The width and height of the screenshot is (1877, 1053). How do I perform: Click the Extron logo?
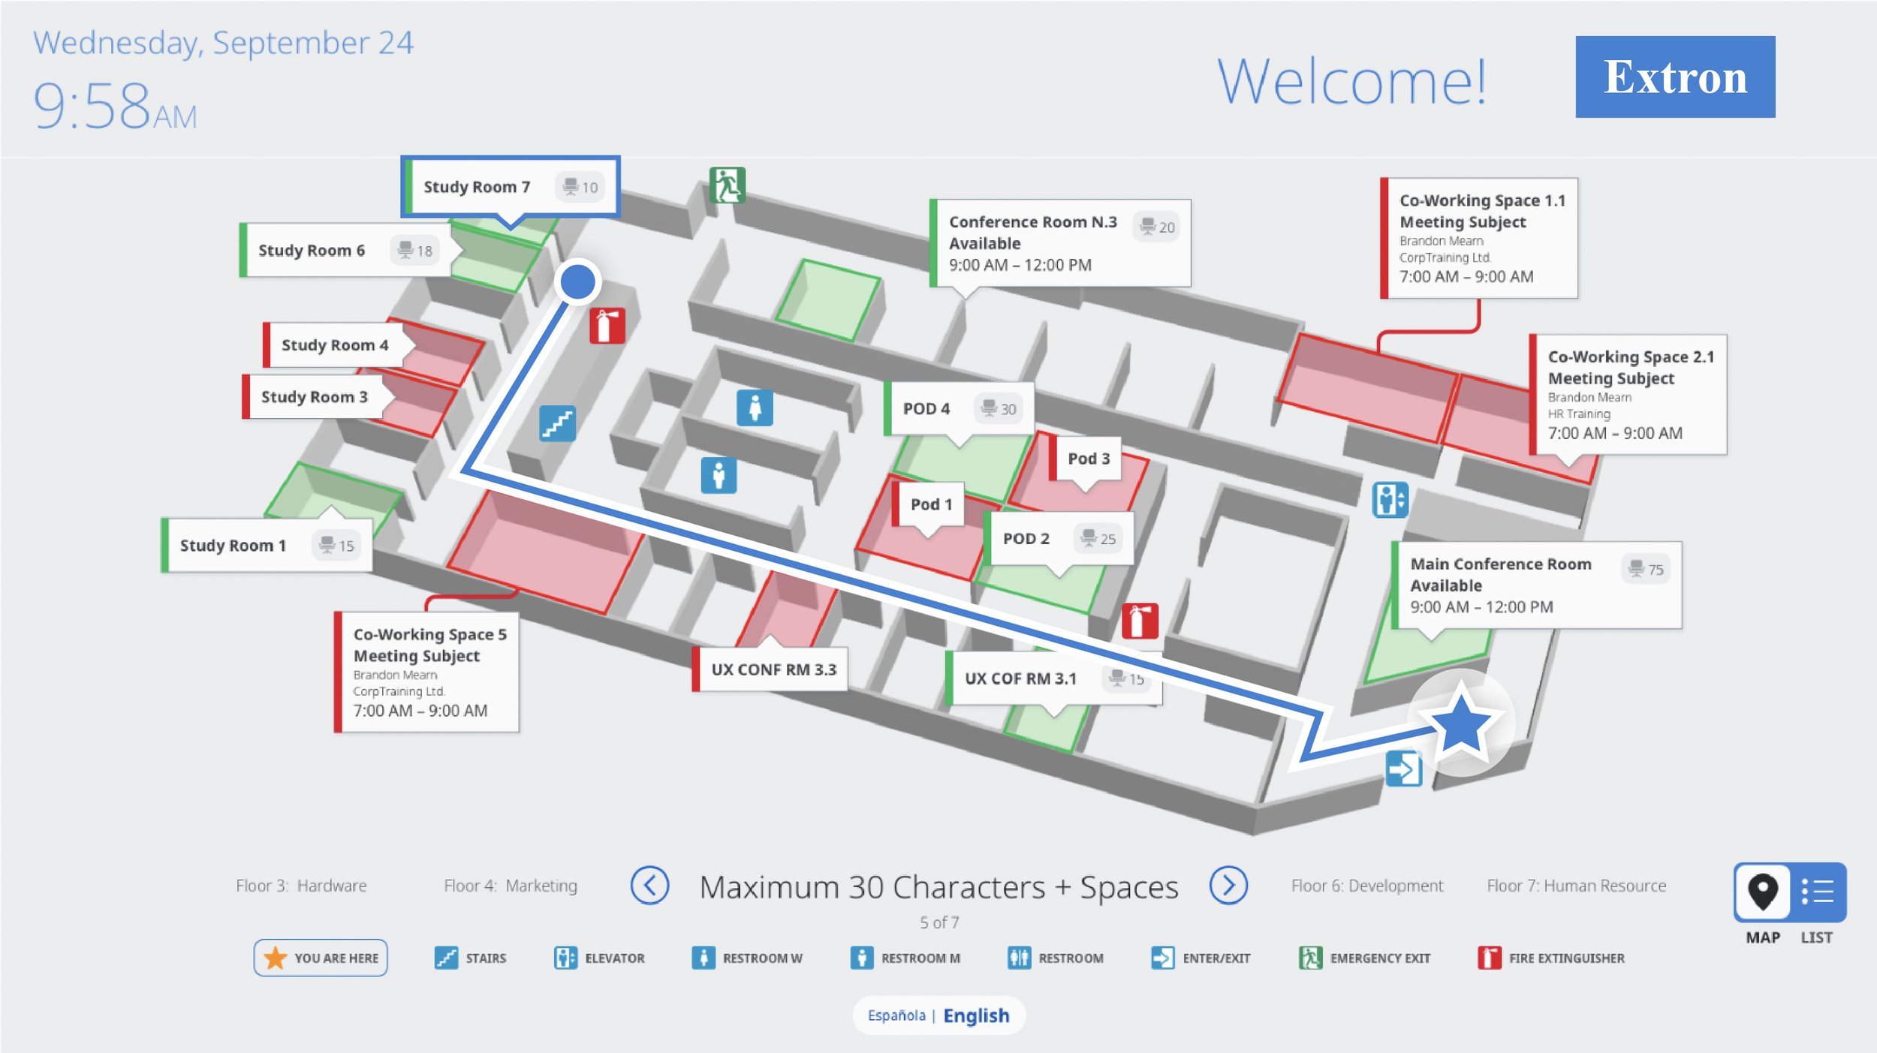(x=1675, y=77)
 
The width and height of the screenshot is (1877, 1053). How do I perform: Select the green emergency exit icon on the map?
(x=727, y=185)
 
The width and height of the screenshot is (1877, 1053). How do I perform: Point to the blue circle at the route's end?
(x=578, y=281)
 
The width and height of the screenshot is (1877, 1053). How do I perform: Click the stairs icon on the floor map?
(x=557, y=423)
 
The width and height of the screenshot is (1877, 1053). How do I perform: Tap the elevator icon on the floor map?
(x=1390, y=499)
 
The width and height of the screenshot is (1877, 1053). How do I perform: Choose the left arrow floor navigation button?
(x=649, y=886)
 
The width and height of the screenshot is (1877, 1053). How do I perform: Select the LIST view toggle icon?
(x=1817, y=892)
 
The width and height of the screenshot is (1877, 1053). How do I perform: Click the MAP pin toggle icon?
(x=1762, y=892)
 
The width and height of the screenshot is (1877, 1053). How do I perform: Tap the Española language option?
(x=896, y=1015)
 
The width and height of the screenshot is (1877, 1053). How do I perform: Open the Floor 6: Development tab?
(x=1367, y=886)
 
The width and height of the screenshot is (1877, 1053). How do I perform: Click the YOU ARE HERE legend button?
(x=321, y=958)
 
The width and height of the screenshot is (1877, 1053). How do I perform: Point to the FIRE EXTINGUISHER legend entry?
(x=1550, y=958)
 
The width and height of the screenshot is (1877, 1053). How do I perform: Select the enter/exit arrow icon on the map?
(x=1403, y=769)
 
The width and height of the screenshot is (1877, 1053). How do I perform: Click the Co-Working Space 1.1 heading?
(x=1482, y=200)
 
